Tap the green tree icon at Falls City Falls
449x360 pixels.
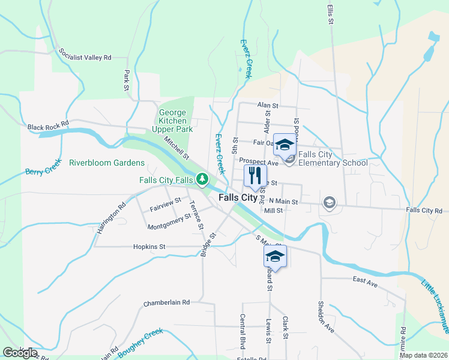point(203,179)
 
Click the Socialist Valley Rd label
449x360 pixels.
point(86,53)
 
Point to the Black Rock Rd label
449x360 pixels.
point(48,127)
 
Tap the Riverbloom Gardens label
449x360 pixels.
point(106,163)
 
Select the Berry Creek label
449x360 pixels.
point(43,167)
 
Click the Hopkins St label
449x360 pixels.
point(149,246)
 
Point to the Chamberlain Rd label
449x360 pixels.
point(166,303)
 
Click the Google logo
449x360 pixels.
point(20,353)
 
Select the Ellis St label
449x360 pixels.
point(331,13)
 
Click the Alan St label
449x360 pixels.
point(268,105)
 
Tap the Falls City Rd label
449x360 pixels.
point(423,210)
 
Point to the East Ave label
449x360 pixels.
point(364,280)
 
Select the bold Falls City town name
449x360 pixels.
point(238,197)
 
